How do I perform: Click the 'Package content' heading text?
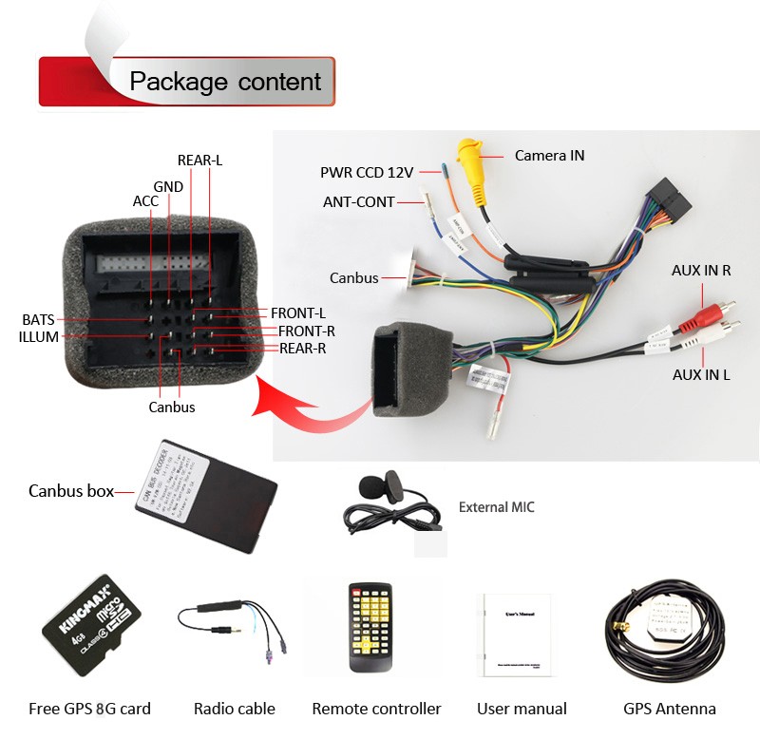[x=225, y=81]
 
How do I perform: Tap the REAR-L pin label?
[x=199, y=161]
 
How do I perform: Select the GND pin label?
[x=168, y=187]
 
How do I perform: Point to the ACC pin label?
[x=145, y=201]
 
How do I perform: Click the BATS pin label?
[x=39, y=320]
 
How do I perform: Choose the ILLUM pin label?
[x=39, y=337]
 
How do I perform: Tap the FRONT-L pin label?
[x=298, y=313]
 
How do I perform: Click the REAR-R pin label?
[x=303, y=349]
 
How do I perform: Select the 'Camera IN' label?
[x=549, y=155]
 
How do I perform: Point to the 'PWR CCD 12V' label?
[x=367, y=173]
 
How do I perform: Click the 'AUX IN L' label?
[x=701, y=374]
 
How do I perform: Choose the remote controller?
[x=370, y=628]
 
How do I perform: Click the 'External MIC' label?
[x=496, y=507]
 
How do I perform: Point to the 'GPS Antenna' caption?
[x=669, y=709]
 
